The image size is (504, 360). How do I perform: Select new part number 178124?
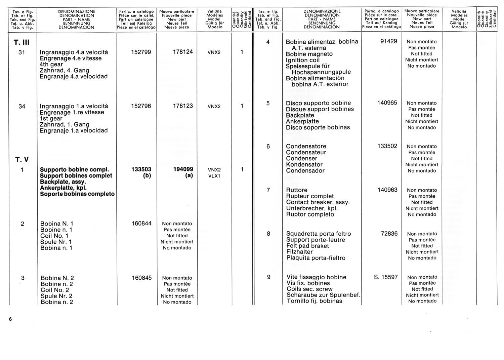(x=183, y=52)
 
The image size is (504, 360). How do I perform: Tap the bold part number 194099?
(x=183, y=169)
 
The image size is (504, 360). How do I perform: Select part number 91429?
(x=389, y=41)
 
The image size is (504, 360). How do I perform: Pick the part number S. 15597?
(x=386, y=277)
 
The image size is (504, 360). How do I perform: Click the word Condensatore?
(x=306, y=146)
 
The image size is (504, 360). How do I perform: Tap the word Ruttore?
(x=297, y=190)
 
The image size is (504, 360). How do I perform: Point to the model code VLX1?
(x=214, y=176)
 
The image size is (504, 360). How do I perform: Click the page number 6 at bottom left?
(x=10, y=319)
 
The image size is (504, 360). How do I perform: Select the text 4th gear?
(x=51, y=64)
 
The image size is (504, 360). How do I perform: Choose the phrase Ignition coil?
(x=303, y=60)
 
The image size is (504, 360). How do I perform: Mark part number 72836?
(x=389, y=234)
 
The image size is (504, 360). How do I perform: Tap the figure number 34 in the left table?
(x=22, y=106)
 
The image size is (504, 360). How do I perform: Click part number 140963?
(x=387, y=190)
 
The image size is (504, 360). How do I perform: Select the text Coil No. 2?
(x=55, y=290)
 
